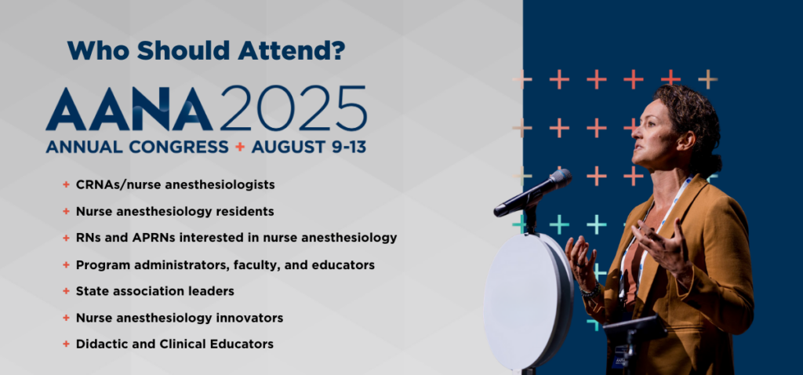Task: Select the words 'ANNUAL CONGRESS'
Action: coord(136,147)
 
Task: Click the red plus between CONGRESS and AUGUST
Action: coord(241,147)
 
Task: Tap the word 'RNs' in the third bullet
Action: coord(87,238)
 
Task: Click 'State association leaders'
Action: coord(154,291)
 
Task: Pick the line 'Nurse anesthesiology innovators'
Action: coord(180,318)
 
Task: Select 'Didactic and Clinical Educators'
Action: coord(174,344)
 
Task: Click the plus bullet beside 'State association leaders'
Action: coord(66,291)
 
